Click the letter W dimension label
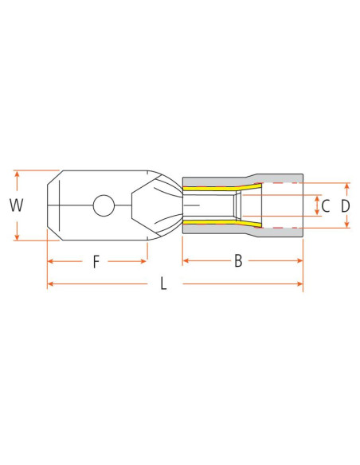[16, 205]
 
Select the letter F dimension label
[96, 261]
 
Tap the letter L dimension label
[163, 284]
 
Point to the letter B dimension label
[237, 261]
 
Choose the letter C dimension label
[325, 205]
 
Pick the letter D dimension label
[346, 205]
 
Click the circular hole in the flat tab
[104, 205]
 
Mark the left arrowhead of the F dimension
[49, 260]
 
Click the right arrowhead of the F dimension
[145, 260]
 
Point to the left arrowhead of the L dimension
[49, 283]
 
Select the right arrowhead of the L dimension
[302, 283]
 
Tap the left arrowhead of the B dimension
[185, 260]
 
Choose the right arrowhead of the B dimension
[302, 260]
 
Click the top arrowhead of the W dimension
[16, 172]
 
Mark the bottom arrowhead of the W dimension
[16, 238]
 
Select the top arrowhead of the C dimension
[317, 196]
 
